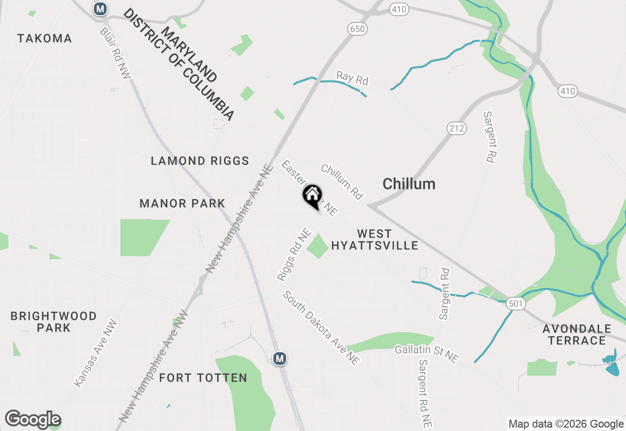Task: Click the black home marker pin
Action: (312, 196)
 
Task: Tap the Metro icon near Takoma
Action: (100, 8)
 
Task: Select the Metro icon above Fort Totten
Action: (280, 359)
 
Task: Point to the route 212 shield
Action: (456, 128)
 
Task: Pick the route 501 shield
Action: (516, 304)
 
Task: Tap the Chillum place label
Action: (409, 184)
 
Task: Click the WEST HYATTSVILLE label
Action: (375, 240)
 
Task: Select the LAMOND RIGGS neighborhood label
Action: (200, 161)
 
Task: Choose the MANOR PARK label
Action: (182, 203)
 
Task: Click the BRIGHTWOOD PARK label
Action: (54, 322)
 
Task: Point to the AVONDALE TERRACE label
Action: (577, 335)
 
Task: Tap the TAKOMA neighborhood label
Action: (45, 38)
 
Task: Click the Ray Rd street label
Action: (352, 78)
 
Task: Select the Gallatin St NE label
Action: (427, 354)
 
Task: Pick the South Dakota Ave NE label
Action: (321, 328)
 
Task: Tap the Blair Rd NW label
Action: (115, 53)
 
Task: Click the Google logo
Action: (33, 419)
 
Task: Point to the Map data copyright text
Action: (565, 424)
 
